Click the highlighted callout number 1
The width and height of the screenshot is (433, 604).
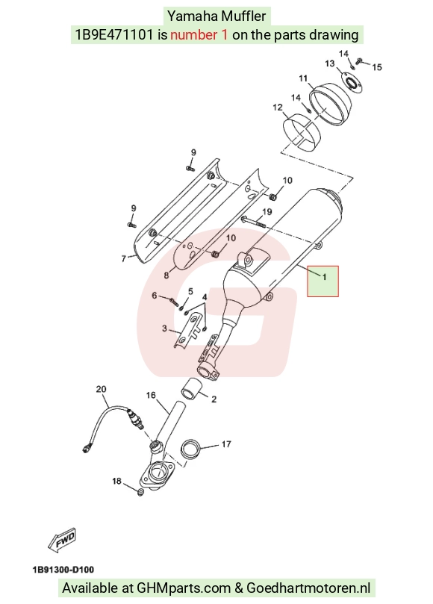[324, 277]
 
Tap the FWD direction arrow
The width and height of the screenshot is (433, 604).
[62, 539]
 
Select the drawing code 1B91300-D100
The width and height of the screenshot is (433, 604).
[63, 570]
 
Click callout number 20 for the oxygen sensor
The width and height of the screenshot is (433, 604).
[101, 389]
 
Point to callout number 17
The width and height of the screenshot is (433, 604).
[226, 444]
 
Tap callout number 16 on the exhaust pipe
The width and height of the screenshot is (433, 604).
[151, 395]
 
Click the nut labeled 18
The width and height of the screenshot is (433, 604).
[140, 492]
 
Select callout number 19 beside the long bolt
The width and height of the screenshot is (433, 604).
[267, 211]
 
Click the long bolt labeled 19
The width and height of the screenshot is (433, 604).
[254, 222]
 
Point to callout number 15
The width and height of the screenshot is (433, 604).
[377, 67]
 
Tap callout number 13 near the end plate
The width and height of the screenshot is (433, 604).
[330, 63]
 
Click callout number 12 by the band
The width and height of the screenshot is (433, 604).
[278, 107]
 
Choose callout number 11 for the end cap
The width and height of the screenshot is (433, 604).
[304, 78]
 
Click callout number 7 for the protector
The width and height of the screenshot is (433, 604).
[124, 258]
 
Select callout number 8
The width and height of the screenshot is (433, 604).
[166, 275]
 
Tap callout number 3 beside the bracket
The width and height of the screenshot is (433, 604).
[164, 329]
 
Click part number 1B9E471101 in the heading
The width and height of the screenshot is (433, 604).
[114, 35]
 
